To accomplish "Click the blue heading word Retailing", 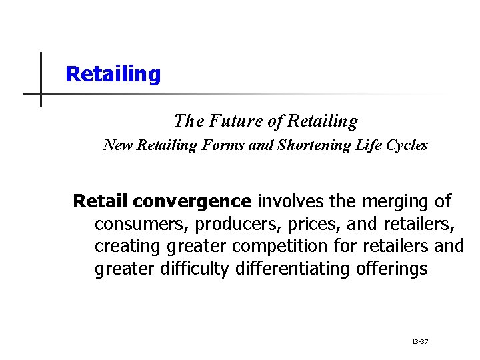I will pos(113,74).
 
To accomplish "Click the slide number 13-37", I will pos(420,342).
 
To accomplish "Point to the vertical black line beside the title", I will pos(41,80).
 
